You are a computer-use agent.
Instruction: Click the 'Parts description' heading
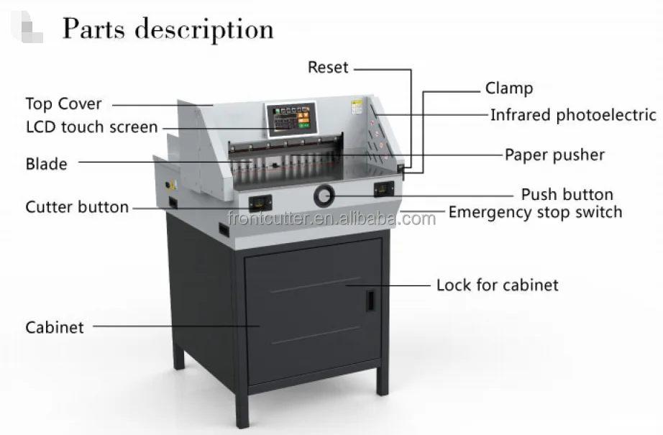(168, 29)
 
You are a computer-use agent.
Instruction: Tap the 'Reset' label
(328, 68)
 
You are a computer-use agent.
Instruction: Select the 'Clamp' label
(509, 88)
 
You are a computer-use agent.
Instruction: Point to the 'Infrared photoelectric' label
(573, 115)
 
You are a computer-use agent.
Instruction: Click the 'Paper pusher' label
(554, 155)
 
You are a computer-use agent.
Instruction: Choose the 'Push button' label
(567, 194)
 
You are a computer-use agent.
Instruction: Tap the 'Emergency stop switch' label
(535, 212)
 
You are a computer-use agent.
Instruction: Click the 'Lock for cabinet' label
(497, 285)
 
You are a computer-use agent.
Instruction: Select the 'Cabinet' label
(55, 327)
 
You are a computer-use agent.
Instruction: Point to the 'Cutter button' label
(77, 207)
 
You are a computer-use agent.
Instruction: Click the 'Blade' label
(47, 164)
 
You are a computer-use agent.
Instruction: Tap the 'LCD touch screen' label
(91, 127)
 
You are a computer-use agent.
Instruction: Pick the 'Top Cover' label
(64, 104)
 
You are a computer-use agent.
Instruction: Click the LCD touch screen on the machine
(291, 119)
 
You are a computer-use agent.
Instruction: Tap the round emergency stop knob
(324, 194)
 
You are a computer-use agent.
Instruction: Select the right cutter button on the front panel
(383, 188)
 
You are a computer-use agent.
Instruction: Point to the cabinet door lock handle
(370, 300)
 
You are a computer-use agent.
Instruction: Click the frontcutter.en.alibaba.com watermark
(331, 218)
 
